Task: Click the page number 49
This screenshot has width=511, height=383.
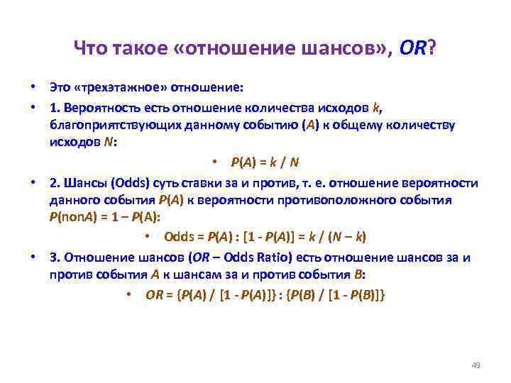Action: pos(476,365)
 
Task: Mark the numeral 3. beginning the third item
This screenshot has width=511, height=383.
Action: pos(54,257)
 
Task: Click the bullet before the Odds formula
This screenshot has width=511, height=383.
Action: pos(146,236)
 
